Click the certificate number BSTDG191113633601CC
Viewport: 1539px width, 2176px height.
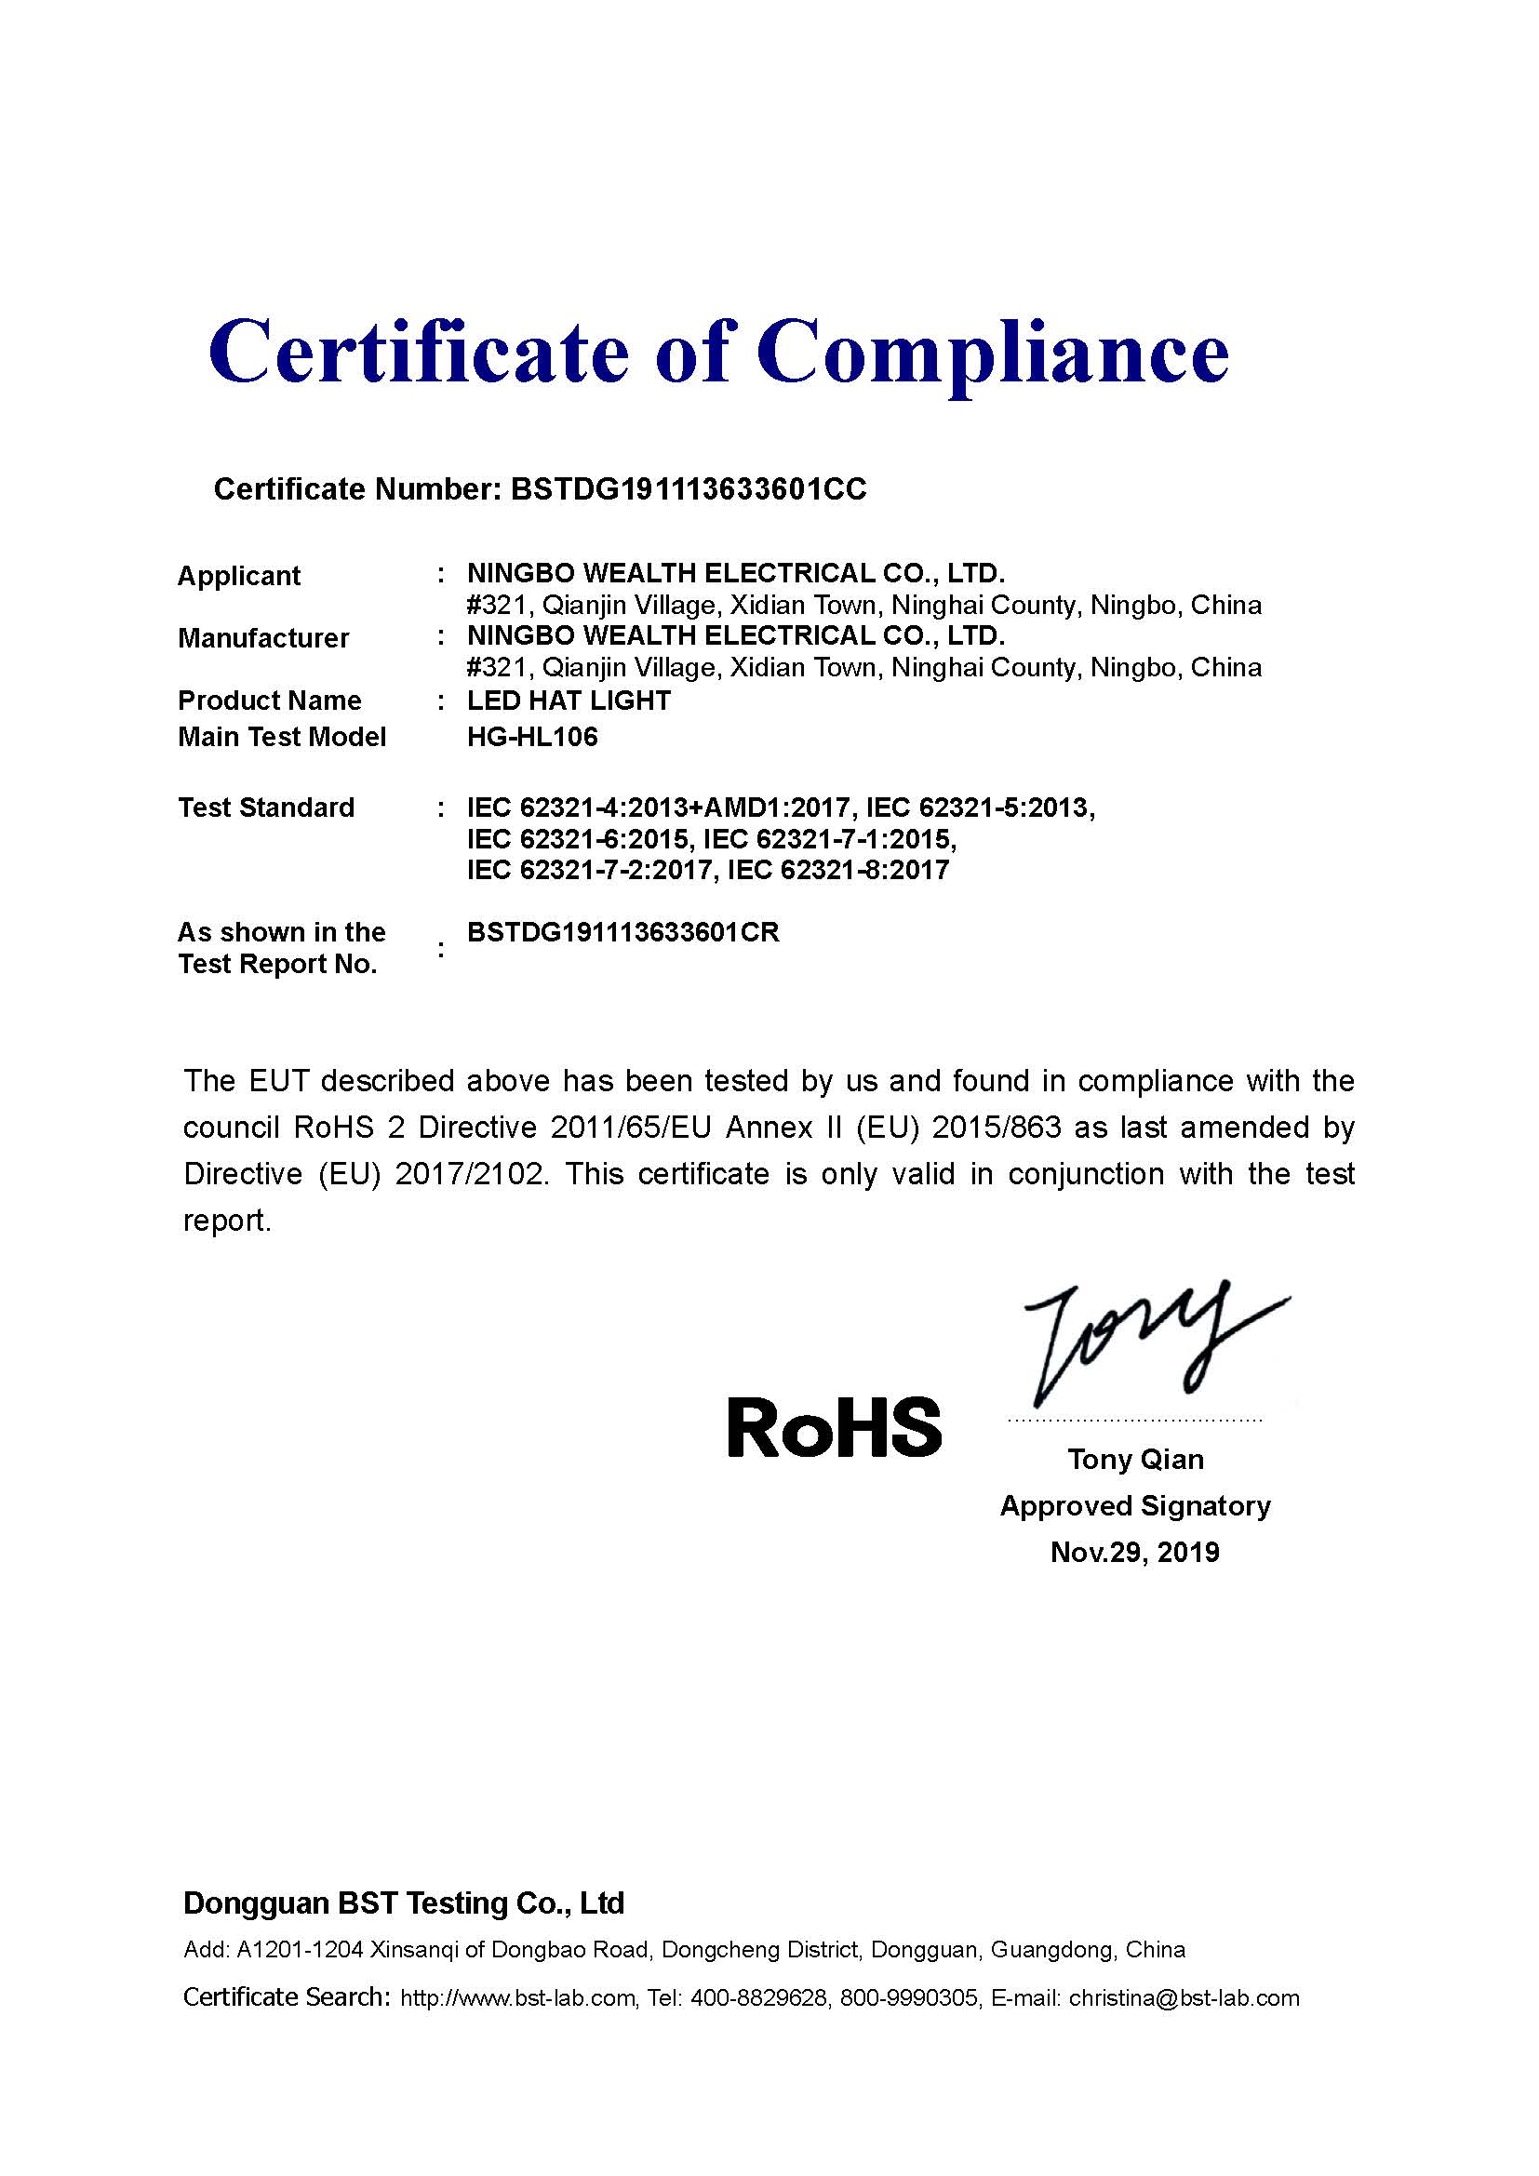coord(688,489)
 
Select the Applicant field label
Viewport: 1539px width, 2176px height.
coord(239,575)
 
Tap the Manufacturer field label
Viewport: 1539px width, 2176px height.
coord(263,638)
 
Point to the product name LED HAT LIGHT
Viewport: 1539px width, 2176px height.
coord(569,701)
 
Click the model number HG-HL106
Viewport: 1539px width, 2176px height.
coord(532,737)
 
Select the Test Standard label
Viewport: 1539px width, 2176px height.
coord(266,808)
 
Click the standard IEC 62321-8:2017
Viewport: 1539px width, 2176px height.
coord(838,870)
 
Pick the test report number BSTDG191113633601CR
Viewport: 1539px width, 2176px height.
coord(622,932)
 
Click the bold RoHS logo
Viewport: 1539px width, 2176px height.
coord(834,1427)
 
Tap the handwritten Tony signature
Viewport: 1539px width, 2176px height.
coord(1146,1342)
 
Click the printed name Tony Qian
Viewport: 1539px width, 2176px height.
coord(1135,1459)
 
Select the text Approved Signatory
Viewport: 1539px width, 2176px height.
coord(1135,1505)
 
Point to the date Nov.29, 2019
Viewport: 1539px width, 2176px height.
coord(1135,1552)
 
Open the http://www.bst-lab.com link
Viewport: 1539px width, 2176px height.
coord(518,1998)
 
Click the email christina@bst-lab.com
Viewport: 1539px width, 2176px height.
coord(1184,1998)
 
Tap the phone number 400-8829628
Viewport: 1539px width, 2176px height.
coord(759,1998)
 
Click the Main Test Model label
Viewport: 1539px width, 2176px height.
coord(283,737)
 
